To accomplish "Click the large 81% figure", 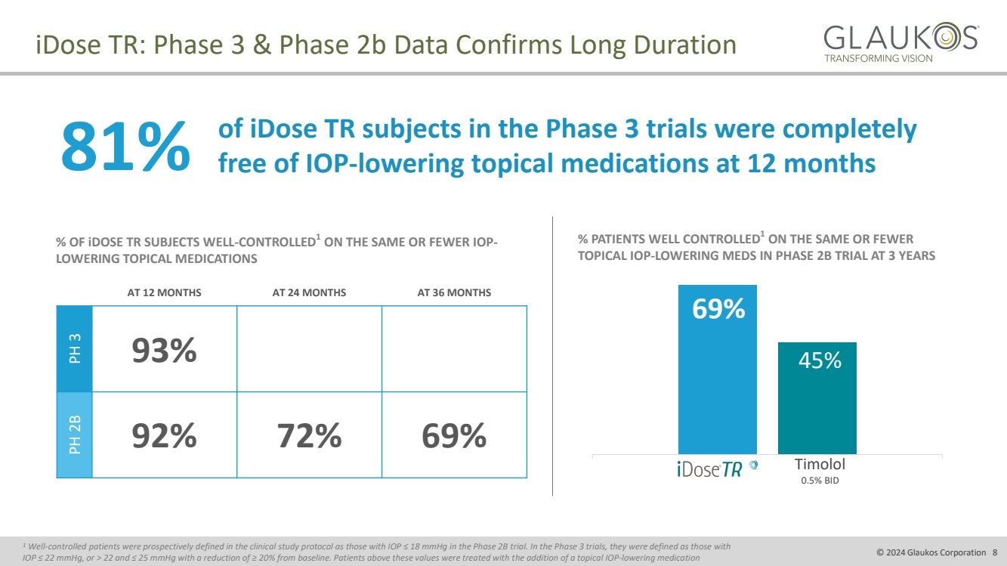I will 125,146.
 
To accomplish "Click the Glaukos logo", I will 900,42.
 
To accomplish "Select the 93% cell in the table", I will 164,350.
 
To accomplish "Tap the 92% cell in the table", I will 164,435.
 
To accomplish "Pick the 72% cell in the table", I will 309,435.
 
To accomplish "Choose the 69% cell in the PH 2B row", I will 454,435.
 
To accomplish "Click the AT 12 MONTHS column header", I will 164,292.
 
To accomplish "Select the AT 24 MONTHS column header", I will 309,292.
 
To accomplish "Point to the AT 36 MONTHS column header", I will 454,292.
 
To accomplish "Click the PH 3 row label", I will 75,349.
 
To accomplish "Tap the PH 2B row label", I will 75,435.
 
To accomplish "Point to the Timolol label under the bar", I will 819,464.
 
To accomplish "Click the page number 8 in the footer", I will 994,552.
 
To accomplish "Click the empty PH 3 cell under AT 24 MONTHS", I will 309,349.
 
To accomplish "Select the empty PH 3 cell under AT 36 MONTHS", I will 454,349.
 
